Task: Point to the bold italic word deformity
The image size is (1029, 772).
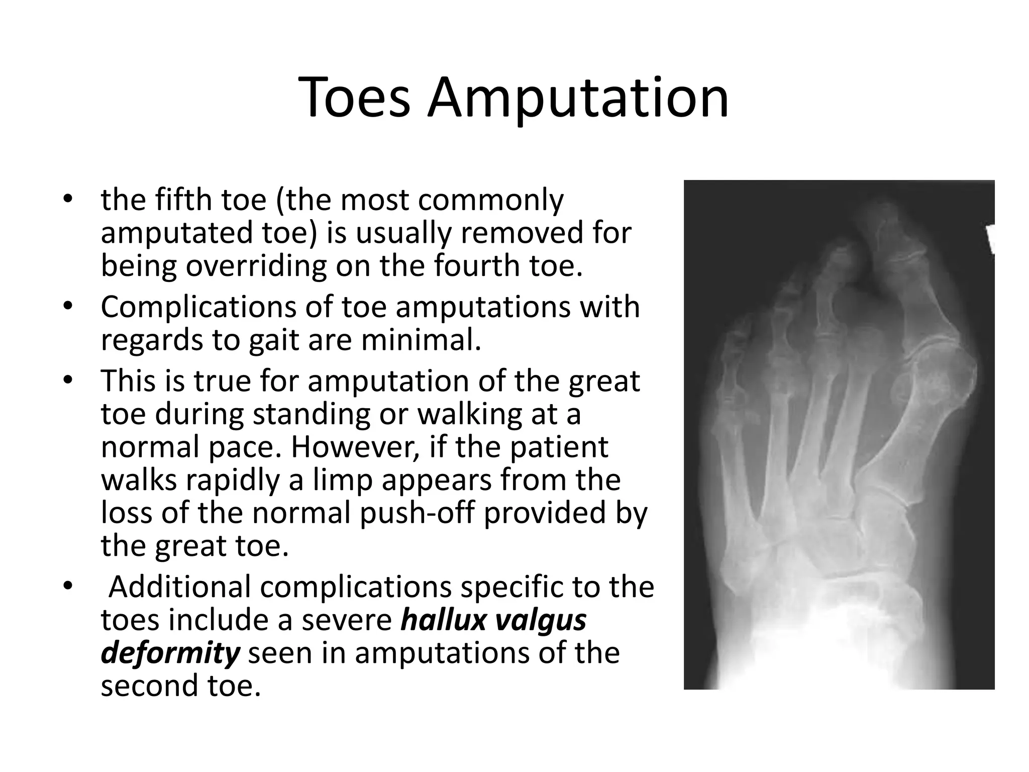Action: tap(170, 653)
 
